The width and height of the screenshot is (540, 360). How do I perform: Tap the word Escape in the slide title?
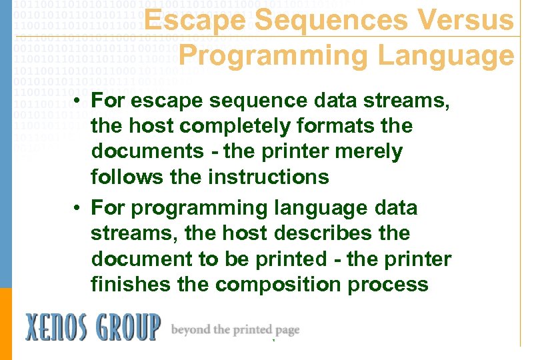click(x=194, y=21)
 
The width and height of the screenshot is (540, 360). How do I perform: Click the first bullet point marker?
click(x=78, y=102)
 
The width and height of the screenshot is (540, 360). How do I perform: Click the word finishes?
click(x=131, y=285)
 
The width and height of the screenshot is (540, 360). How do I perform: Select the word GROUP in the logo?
click(x=129, y=328)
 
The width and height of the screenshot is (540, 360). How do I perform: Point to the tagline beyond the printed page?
click(x=235, y=329)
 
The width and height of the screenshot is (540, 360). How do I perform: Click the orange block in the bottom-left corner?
click(x=5, y=323)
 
